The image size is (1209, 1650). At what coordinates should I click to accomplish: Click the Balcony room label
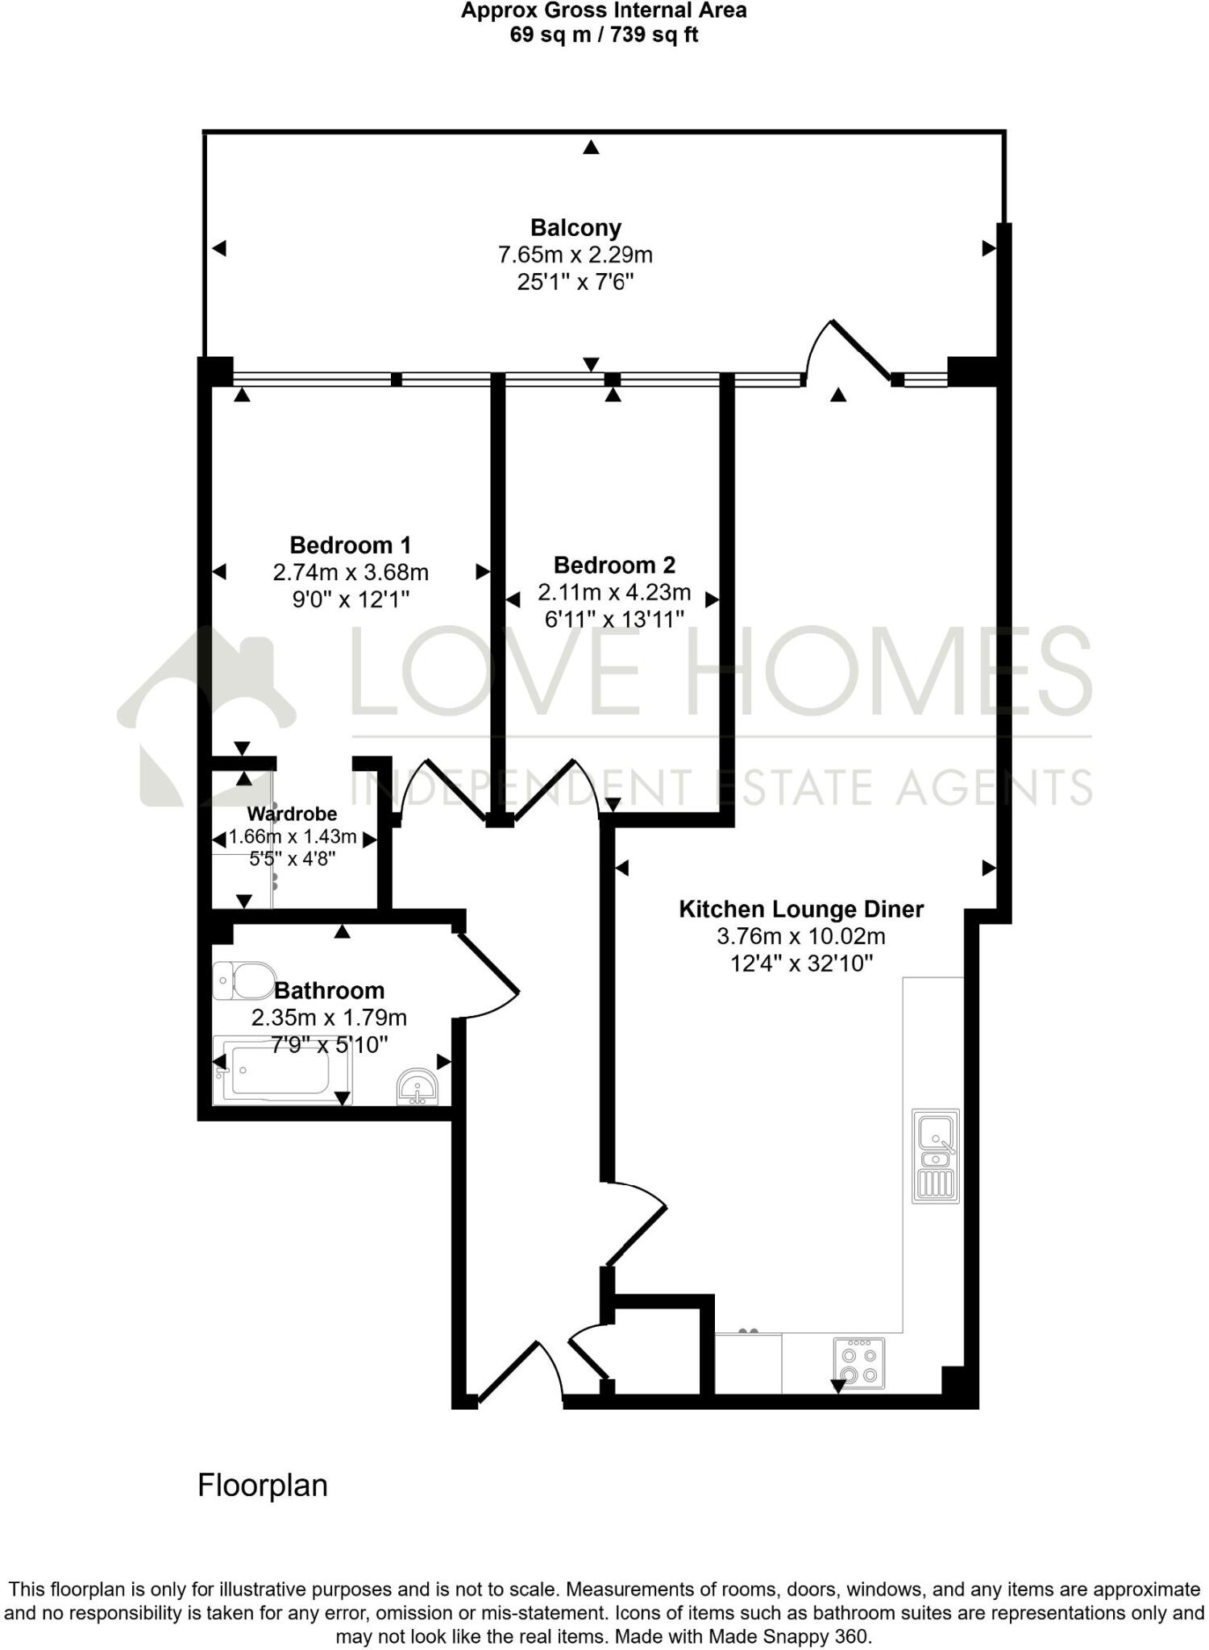tap(575, 228)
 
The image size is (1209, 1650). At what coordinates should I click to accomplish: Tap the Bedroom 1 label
tap(351, 545)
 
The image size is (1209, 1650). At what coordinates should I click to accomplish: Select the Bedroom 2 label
tap(614, 565)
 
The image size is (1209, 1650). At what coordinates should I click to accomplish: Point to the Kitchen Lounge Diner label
tap(801, 910)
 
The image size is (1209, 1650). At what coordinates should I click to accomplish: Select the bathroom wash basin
tap(418, 1087)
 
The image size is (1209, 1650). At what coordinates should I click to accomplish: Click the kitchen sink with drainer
tap(936, 1156)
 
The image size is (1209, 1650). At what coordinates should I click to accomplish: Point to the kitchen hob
tap(858, 1363)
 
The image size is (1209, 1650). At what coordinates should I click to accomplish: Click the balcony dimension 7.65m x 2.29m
tap(575, 255)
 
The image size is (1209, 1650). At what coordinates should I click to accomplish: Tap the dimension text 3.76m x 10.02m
tap(801, 937)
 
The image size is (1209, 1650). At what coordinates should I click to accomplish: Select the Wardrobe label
tap(292, 814)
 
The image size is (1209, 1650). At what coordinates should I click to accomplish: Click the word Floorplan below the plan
tap(263, 1486)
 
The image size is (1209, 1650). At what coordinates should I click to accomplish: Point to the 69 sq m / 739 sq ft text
tap(604, 35)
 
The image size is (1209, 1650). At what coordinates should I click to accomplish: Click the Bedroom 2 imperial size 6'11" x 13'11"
tap(614, 620)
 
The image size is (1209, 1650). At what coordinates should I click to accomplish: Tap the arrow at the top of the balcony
tap(592, 147)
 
